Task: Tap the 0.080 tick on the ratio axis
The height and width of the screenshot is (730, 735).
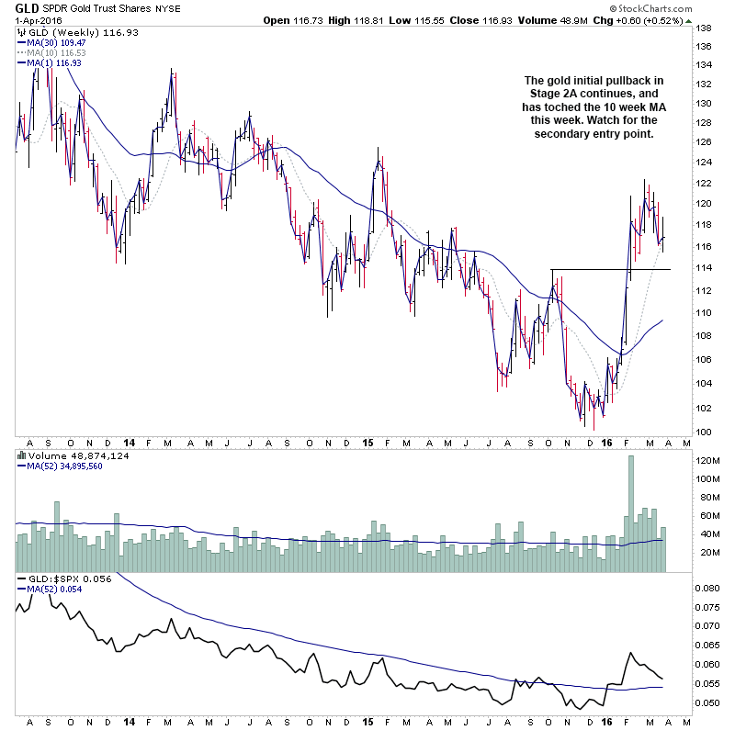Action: coord(709,588)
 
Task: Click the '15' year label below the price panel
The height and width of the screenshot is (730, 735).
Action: coord(367,442)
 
